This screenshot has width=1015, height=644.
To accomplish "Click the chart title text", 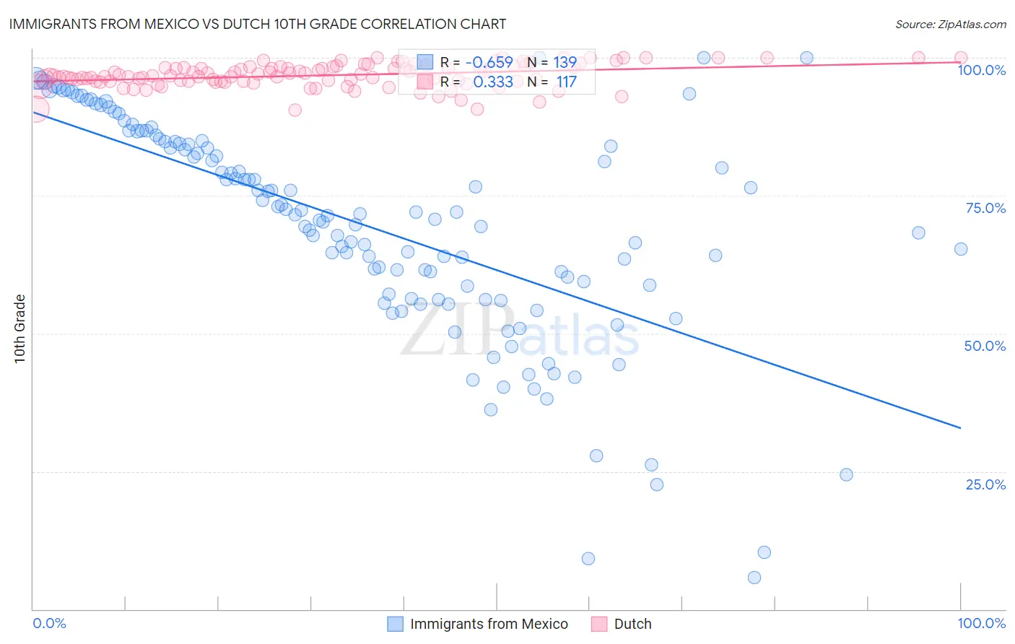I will [258, 24].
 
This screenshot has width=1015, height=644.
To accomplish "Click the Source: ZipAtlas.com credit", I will [950, 24].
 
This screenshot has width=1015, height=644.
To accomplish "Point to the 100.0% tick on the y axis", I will [981, 70].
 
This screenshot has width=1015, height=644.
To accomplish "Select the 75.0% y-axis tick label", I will [985, 208].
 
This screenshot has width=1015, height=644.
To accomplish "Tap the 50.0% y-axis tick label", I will [985, 346].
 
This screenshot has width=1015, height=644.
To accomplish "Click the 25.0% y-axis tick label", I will [985, 484].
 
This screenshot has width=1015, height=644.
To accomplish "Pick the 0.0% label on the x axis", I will [49, 623].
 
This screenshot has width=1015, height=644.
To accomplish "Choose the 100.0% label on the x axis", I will [981, 623].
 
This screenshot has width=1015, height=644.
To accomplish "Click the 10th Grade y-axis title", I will [19, 328].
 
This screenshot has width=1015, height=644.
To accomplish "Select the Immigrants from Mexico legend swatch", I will [395, 624].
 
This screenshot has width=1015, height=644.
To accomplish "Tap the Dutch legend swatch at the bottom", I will [598, 624].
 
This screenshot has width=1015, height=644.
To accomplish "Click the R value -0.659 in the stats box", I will [489, 63].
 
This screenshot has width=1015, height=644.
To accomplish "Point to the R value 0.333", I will [493, 82].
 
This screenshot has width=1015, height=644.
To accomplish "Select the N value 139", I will [565, 63].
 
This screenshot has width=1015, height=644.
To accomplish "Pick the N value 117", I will [566, 82].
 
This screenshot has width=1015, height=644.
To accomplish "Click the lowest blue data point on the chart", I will [754, 578].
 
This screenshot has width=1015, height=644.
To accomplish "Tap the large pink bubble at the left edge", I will [35, 110].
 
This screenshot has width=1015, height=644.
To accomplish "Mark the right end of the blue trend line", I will [960, 428].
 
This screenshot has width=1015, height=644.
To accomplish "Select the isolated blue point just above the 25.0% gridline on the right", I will [846, 474].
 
